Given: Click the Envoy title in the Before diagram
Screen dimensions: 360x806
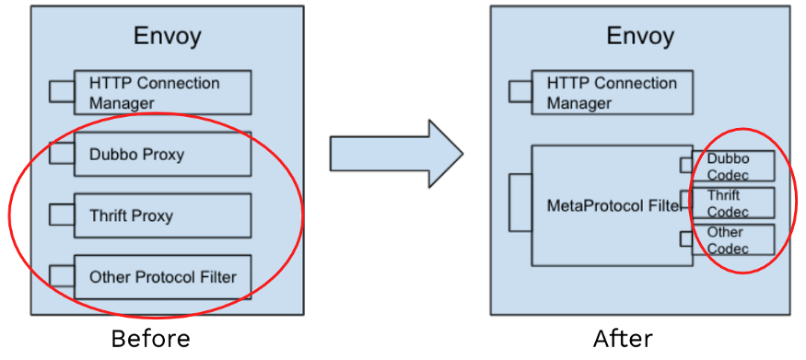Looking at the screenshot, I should click(x=167, y=37).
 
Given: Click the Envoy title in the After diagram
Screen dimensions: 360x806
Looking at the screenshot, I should click(x=639, y=37).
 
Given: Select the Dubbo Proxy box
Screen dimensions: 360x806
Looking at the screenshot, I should click(x=162, y=154).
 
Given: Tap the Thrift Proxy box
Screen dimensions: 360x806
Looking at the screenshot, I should click(x=162, y=215).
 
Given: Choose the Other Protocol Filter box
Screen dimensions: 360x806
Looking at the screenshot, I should click(x=162, y=276).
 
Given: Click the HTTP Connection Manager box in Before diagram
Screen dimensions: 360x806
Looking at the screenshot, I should click(x=162, y=93).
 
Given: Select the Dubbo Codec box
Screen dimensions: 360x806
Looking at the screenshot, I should click(x=733, y=167).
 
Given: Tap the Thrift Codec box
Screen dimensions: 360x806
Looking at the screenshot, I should click(x=733, y=203).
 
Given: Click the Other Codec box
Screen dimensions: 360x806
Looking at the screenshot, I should click(x=733, y=239).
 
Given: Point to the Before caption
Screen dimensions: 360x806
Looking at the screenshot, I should click(x=150, y=339).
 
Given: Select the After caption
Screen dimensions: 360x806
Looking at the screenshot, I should click(x=623, y=339).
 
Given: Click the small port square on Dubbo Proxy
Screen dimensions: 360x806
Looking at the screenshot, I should click(x=62, y=153).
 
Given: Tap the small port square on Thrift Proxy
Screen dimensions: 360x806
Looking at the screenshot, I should click(x=62, y=215).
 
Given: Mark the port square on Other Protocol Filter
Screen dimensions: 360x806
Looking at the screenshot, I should click(x=62, y=276).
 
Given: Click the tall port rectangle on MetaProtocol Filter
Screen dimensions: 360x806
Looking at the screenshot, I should click(x=520, y=204).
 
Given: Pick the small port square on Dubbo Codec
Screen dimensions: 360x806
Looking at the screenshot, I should click(x=685, y=165).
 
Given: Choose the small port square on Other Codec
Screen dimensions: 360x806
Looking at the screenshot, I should click(x=685, y=239).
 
